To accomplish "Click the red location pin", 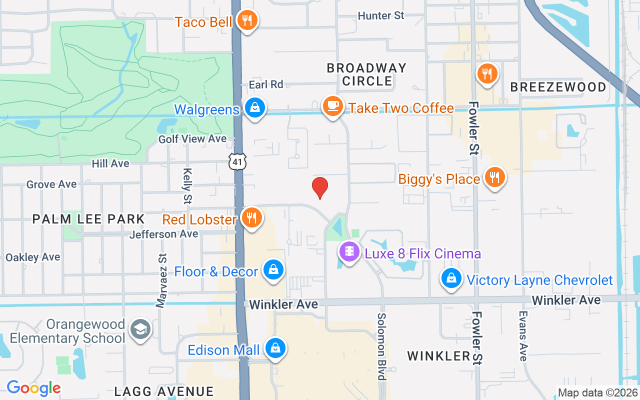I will pyautogui.click(x=320, y=187).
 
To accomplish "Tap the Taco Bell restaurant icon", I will pyautogui.click(x=247, y=20).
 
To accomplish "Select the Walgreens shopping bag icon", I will pyautogui.click(x=255, y=107).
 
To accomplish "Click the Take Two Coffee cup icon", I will pyautogui.click(x=332, y=106).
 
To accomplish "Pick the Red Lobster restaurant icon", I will pyautogui.click(x=251, y=218).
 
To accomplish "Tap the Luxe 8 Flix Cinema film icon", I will pyautogui.click(x=349, y=251).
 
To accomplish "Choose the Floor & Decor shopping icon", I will pyautogui.click(x=273, y=270).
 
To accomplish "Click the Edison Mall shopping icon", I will pyautogui.click(x=275, y=348).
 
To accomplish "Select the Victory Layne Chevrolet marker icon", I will pyautogui.click(x=451, y=278).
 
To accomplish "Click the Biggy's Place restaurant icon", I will pyautogui.click(x=494, y=177).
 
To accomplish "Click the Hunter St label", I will pyautogui.click(x=381, y=16).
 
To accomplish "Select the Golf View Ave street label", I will pyautogui.click(x=192, y=139).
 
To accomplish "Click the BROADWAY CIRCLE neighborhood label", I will pyautogui.click(x=366, y=74).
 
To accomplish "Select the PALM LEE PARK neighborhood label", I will pyautogui.click(x=88, y=219).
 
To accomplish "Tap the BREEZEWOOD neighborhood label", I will pyautogui.click(x=558, y=87).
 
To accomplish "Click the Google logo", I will pyautogui.click(x=33, y=387).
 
